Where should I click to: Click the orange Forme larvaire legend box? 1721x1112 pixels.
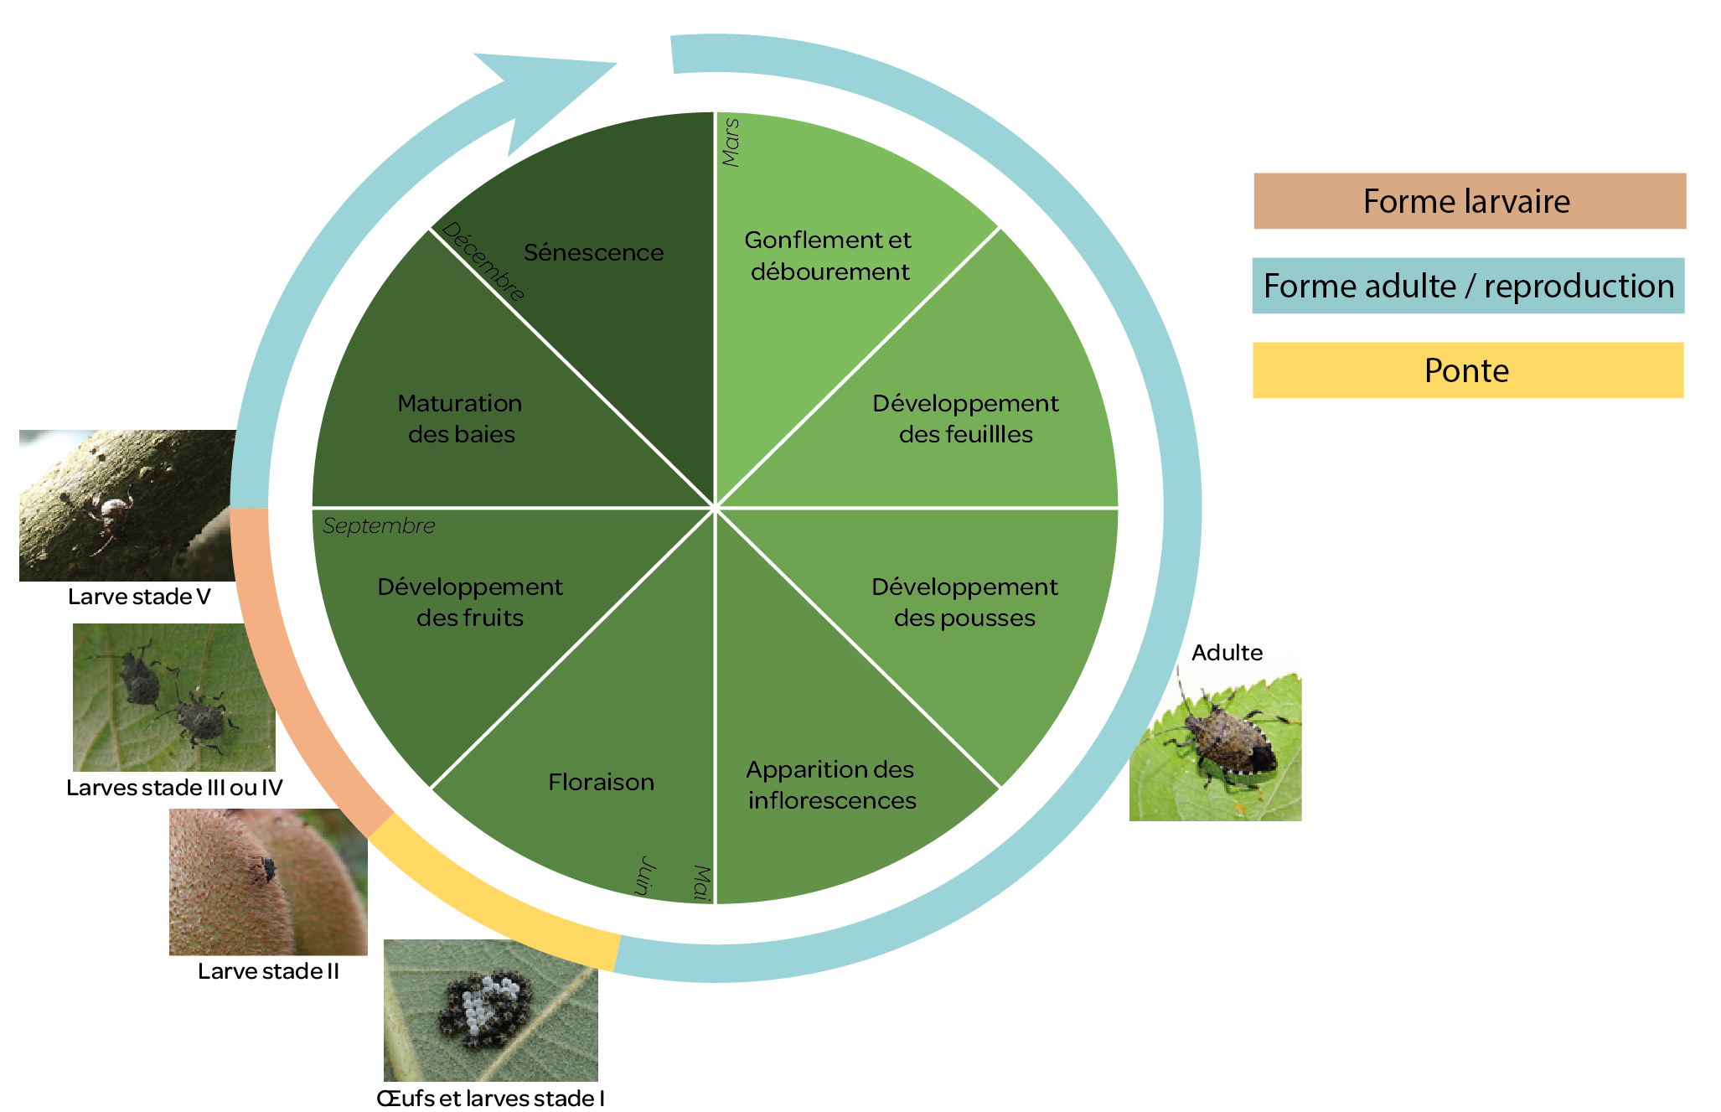(x=1469, y=201)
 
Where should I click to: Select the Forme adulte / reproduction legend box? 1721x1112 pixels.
(x=1468, y=286)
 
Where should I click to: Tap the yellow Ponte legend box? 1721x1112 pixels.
(x=1468, y=370)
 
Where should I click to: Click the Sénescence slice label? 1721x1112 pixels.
(x=593, y=252)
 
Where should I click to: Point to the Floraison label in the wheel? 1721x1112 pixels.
(x=601, y=782)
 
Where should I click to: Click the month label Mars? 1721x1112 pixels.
(x=731, y=142)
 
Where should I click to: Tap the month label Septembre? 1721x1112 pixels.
(x=379, y=525)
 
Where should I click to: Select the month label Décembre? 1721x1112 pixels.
(x=483, y=261)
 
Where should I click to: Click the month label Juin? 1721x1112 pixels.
(x=644, y=876)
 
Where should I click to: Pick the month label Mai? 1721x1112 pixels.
(x=701, y=883)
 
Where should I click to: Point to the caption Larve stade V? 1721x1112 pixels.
(x=139, y=597)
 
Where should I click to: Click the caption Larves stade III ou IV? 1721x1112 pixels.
(x=174, y=788)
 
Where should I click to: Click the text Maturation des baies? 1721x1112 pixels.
(x=460, y=419)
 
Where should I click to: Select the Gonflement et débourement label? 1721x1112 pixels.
(x=829, y=256)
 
